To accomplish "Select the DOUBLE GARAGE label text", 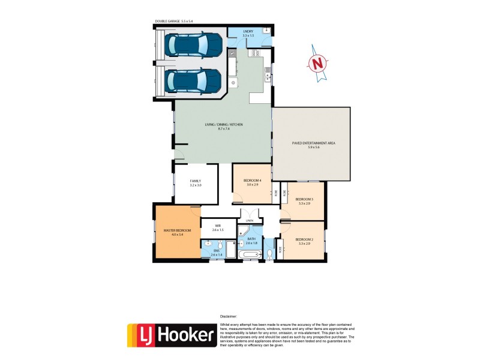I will pos(174,22).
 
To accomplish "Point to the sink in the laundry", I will pos(265,32).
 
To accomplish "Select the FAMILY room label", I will pos(195,181).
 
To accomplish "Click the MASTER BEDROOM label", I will pos(178,231).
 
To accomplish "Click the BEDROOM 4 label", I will pos(252,181).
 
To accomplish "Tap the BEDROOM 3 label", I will pos(304,199).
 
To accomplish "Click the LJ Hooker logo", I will pos(171,335).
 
